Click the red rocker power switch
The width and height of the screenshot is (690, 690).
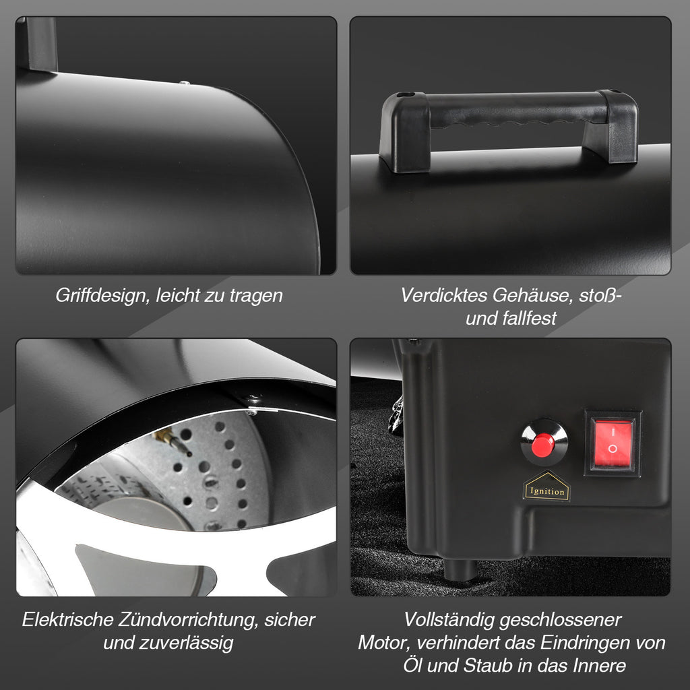(612, 443)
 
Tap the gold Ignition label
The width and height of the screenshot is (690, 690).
(546, 487)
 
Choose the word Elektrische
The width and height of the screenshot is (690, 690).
(68, 620)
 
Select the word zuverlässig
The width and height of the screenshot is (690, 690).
(186, 644)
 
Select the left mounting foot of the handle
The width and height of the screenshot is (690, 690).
(404, 132)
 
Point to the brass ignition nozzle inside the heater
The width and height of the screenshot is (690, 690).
(172, 441)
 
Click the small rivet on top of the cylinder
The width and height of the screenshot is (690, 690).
(185, 82)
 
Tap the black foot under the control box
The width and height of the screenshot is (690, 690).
(460, 570)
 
